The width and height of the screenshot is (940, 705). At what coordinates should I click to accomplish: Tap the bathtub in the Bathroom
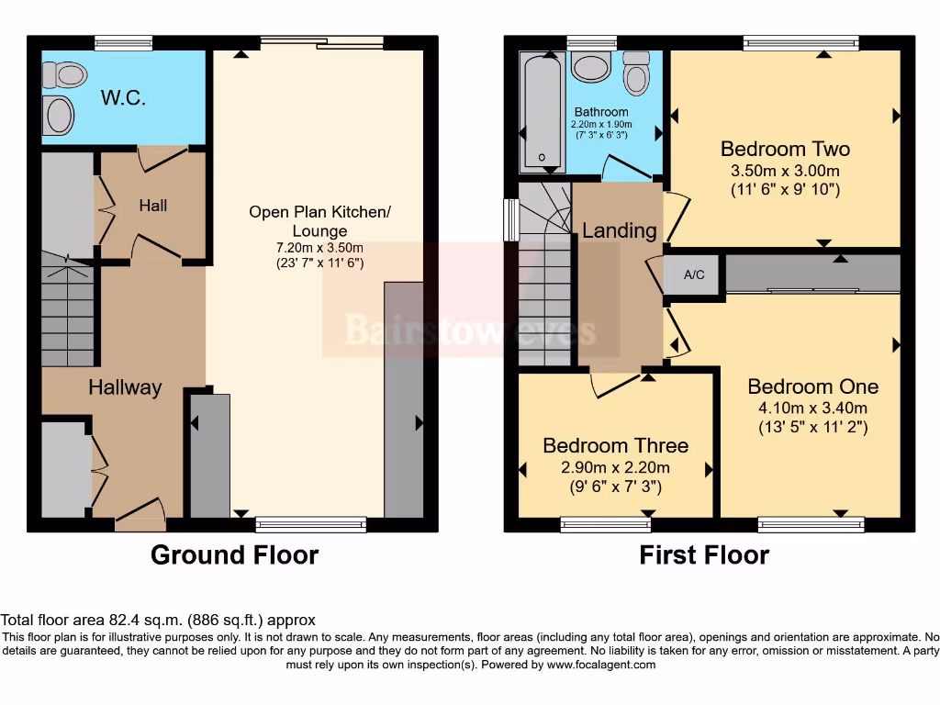click(542, 111)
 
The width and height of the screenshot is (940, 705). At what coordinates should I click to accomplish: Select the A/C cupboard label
click(695, 274)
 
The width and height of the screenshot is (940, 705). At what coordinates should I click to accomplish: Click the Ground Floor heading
click(234, 555)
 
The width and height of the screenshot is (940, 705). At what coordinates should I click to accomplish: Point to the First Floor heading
click(704, 555)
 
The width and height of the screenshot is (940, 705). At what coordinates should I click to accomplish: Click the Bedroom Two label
click(785, 149)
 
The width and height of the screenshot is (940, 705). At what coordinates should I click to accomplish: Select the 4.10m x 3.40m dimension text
click(812, 408)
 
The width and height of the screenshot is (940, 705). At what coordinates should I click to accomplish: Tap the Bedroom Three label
click(615, 446)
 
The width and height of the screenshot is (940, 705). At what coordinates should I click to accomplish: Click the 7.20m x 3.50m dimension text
click(319, 248)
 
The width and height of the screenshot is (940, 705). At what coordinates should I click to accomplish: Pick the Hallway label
click(125, 387)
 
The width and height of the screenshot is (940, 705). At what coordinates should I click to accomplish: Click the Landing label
click(620, 230)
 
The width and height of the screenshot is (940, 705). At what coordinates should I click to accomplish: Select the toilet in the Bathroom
click(635, 73)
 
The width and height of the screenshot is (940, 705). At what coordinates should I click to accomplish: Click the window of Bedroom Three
click(606, 524)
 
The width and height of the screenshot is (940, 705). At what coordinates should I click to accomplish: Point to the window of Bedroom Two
click(800, 42)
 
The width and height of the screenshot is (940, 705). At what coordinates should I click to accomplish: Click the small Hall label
click(152, 206)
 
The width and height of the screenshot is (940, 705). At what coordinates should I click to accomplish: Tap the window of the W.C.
click(123, 42)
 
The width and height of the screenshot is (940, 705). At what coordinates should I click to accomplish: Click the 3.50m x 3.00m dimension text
click(785, 172)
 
